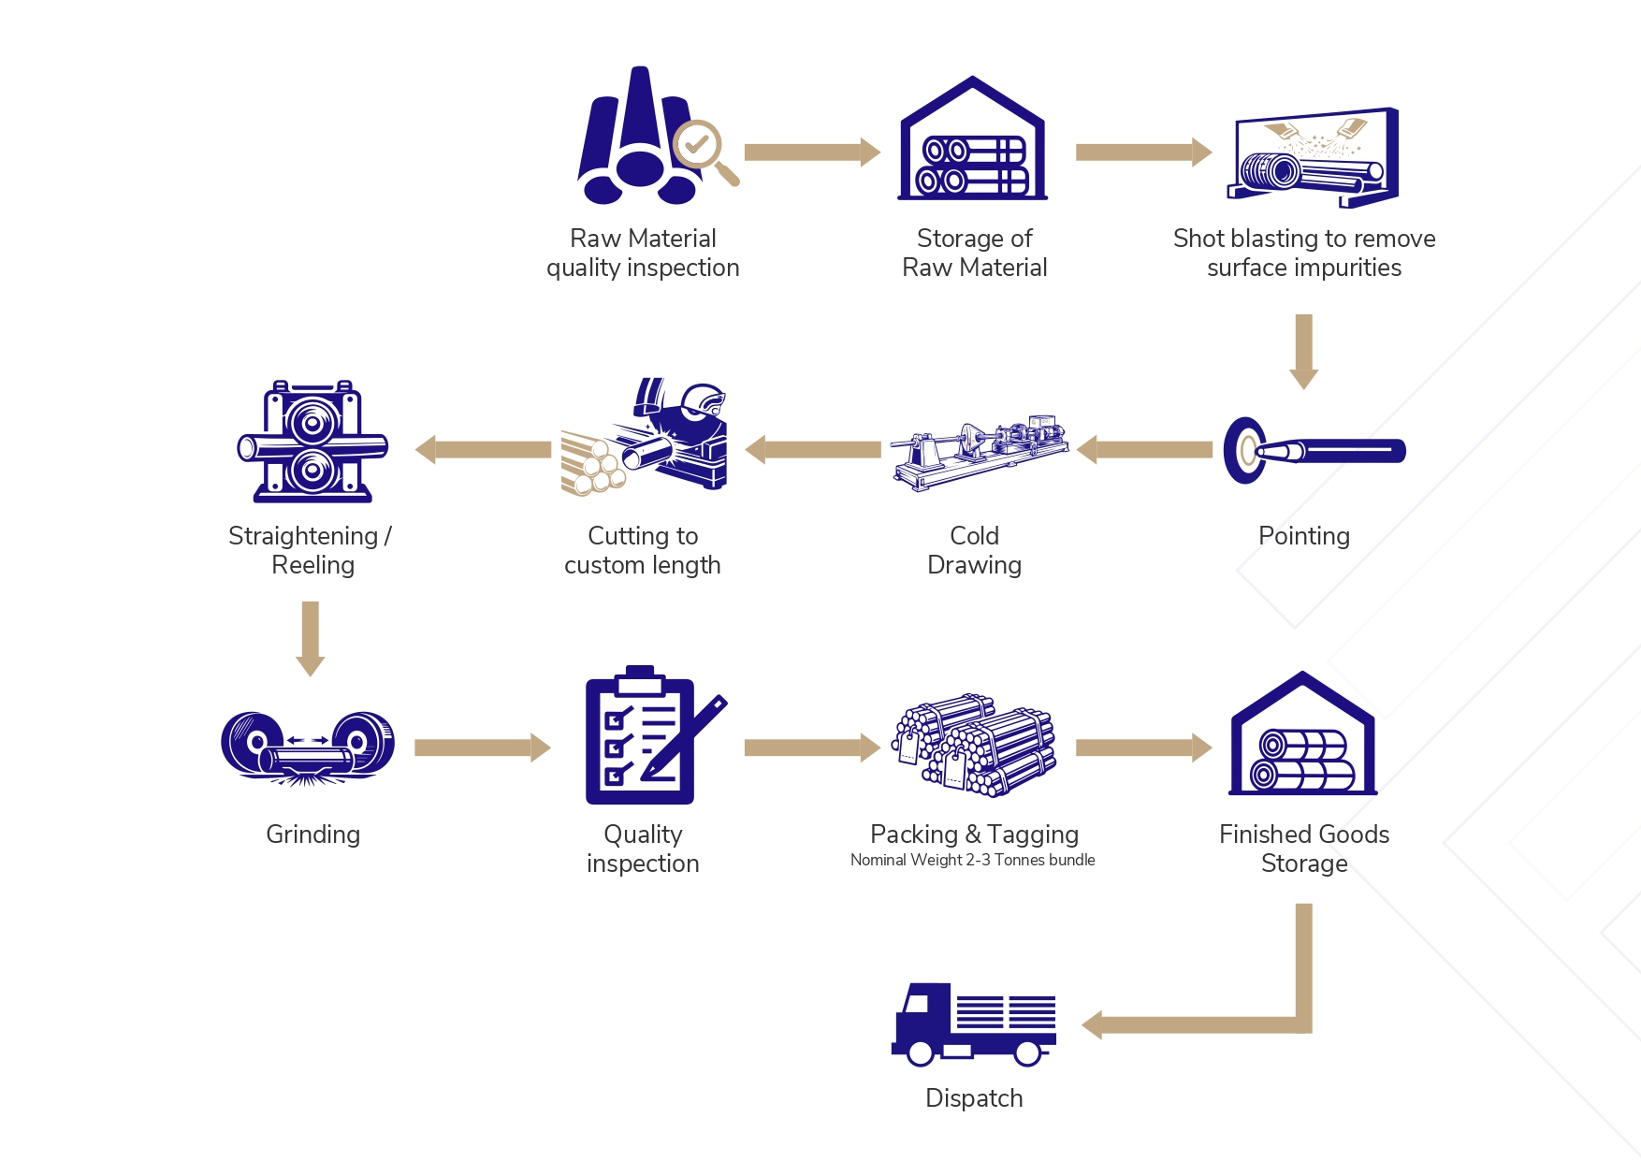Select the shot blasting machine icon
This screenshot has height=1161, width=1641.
tap(1313, 158)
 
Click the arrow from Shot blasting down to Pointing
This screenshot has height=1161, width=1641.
tap(1303, 351)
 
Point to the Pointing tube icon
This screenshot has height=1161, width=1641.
tap(1314, 451)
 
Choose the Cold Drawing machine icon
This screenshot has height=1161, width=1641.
tap(979, 450)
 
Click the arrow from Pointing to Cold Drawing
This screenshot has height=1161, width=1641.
tap(1145, 450)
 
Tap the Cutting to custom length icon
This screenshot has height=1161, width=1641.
tap(644, 436)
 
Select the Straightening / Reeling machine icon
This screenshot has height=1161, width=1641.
tap(312, 442)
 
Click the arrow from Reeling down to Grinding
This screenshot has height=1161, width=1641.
tap(311, 638)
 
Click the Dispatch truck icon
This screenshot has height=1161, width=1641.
tap(973, 1024)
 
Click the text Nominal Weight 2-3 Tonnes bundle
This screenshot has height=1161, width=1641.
tap(972, 861)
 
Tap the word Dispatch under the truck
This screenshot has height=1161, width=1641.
tap(973, 1098)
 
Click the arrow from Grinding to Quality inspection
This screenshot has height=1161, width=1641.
tap(482, 747)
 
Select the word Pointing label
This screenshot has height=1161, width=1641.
tap(1303, 536)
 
